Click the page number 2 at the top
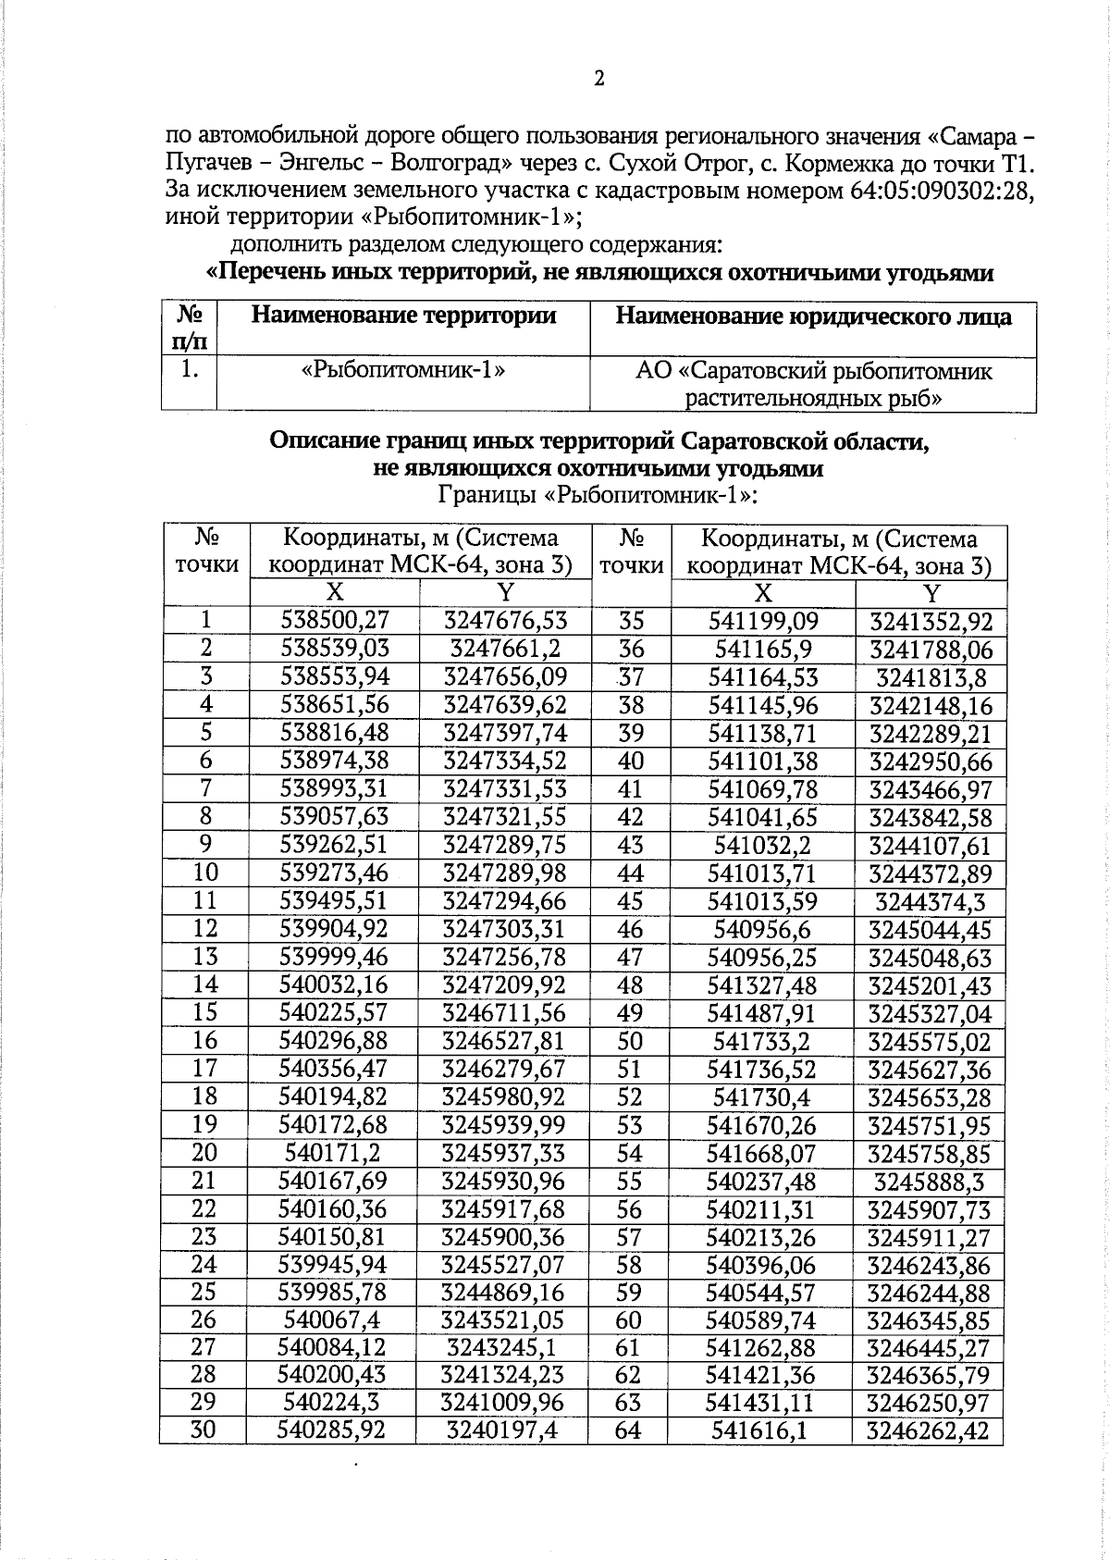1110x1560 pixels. [x=598, y=79]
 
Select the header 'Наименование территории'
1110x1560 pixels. [x=403, y=316]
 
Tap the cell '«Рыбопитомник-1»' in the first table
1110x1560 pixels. [x=403, y=371]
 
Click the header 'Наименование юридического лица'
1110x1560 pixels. [x=813, y=316]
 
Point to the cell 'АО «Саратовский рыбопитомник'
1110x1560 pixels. [x=813, y=372]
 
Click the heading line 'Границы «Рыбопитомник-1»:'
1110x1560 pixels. [x=598, y=495]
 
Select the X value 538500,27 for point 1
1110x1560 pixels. [x=335, y=621]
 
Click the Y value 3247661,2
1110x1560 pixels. [x=505, y=649]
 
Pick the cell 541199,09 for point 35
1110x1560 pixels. [x=763, y=621]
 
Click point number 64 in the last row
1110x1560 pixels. [x=627, y=1430]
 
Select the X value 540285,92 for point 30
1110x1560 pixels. [x=331, y=1430]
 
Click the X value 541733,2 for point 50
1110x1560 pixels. [x=761, y=1042]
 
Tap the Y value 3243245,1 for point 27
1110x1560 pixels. [x=504, y=1347]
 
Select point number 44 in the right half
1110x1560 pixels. [x=630, y=873]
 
